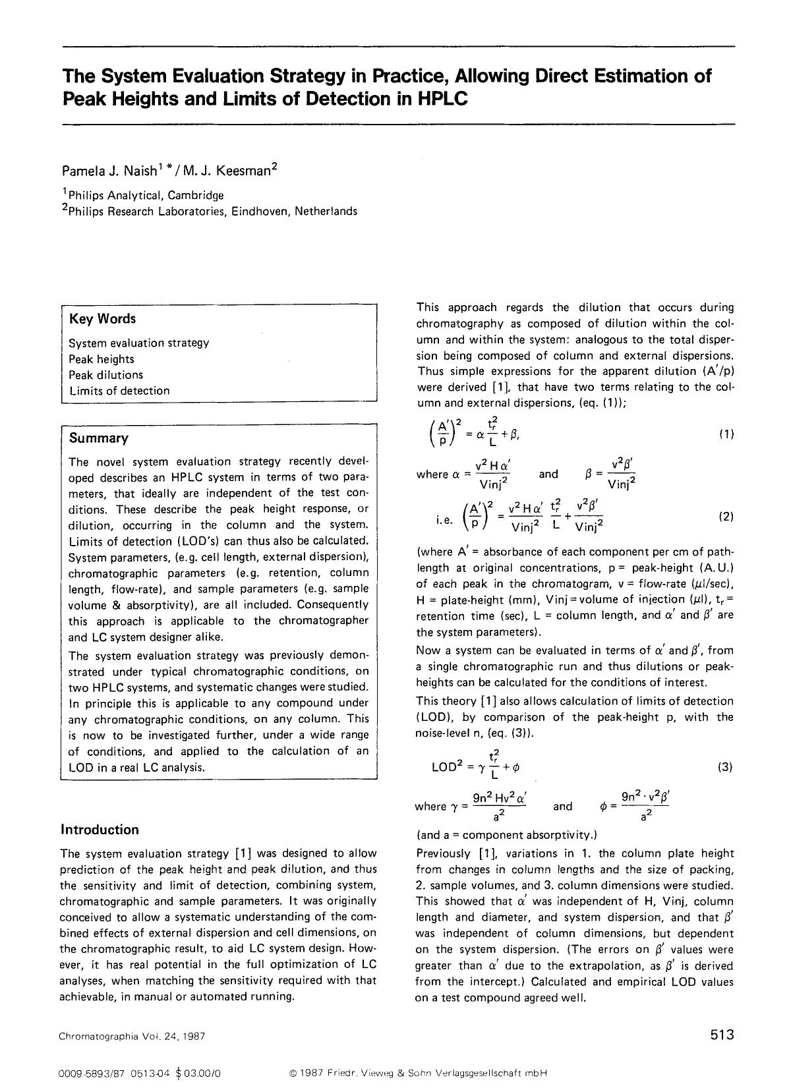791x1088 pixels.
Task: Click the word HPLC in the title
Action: [x=442, y=99]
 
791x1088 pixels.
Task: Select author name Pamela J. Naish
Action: [x=109, y=171]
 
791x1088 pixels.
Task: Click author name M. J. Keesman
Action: [x=227, y=171]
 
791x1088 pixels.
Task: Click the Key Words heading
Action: [x=102, y=318]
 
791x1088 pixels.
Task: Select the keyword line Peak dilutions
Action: [x=105, y=375]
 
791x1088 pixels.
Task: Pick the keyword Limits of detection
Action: [x=119, y=391]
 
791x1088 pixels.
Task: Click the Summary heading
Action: [x=99, y=438]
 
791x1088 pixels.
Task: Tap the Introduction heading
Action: [x=100, y=830]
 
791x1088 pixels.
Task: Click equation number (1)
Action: [x=726, y=434]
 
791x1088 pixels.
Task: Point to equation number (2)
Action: [x=726, y=517]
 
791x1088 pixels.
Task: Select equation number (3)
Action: [x=725, y=767]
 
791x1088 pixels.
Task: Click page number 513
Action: [x=722, y=1035]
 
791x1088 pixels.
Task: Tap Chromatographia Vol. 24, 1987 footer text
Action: [x=132, y=1036]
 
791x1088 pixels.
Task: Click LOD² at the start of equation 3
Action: [x=447, y=767]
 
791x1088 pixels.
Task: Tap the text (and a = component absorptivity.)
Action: [x=507, y=835]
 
